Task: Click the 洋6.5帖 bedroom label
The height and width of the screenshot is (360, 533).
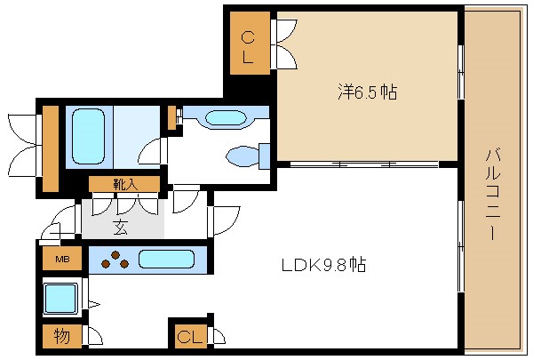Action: coord(366,92)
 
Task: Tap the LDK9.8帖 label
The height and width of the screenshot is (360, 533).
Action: coord(323,264)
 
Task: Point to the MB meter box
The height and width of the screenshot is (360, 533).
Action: coord(62,260)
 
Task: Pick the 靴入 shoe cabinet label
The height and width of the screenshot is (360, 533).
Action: coord(124,184)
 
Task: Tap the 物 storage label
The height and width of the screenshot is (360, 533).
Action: coord(61,337)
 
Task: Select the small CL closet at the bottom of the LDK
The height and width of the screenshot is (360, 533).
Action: coord(187,336)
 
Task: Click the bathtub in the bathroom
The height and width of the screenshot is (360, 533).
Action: coord(87,136)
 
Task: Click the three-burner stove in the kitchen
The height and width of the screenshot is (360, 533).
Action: coord(113,260)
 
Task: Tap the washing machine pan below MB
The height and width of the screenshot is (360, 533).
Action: coord(61,298)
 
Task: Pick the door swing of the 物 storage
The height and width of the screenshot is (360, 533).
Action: coord(91,337)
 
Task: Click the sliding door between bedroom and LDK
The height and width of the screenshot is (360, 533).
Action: coord(364,164)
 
